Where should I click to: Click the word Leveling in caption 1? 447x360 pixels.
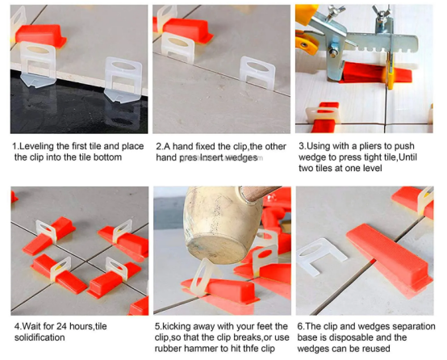click(36, 146)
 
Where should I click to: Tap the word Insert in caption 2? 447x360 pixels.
click(223, 158)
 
